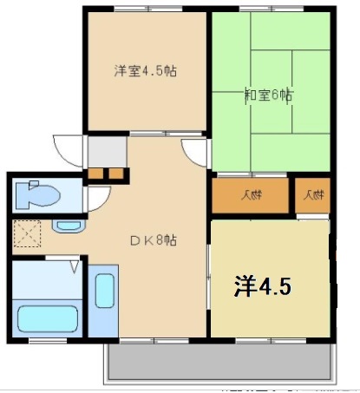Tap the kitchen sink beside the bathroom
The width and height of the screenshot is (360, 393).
click(103, 305)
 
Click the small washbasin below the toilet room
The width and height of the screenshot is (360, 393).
click(66, 227)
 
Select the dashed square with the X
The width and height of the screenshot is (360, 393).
click(29, 233)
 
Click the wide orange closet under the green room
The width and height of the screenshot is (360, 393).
click(250, 195)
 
